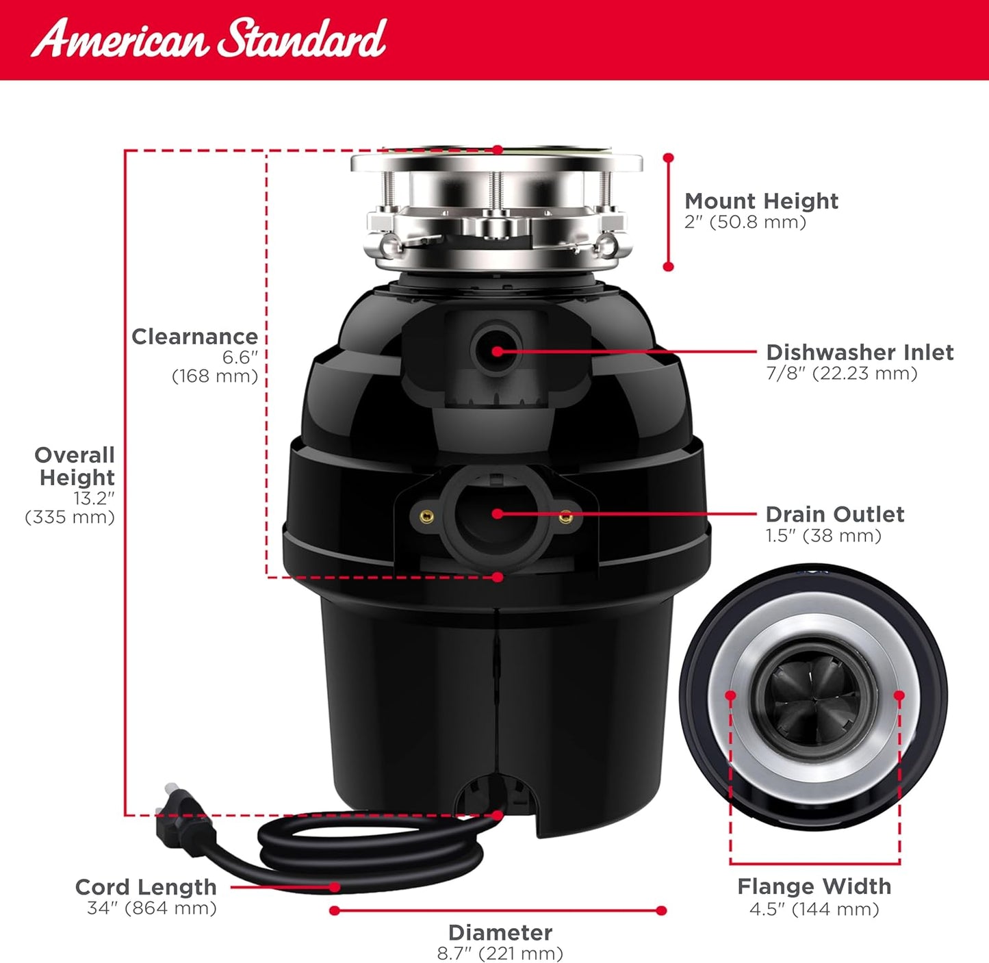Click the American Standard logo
(209, 38)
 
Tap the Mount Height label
(761, 201)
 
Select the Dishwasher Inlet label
(859, 352)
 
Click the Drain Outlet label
(834, 515)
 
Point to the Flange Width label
(814, 886)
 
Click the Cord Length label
(146, 887)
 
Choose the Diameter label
(500, 932)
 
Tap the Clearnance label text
(194, 337)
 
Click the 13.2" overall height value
(94, 498)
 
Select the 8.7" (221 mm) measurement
(500, 953)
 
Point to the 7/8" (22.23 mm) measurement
(841, 374)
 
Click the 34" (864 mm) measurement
(151, 908)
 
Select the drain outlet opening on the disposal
(496, 513)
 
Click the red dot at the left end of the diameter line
(334, 910)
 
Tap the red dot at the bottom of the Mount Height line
(669, 266)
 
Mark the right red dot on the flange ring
(899, 695)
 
